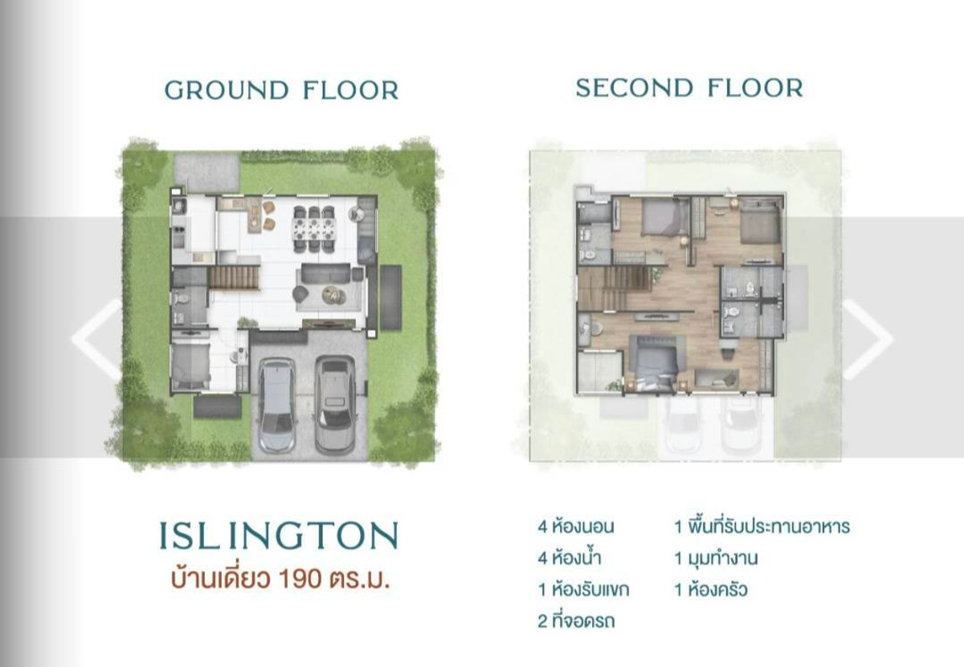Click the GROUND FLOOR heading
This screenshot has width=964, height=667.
tap(281, 91)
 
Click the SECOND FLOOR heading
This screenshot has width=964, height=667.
tap(689, 88)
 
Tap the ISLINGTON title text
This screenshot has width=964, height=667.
tap(279, 536)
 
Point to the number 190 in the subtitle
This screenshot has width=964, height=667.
tap(300, 579)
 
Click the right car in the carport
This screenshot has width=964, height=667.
tap(336, 404)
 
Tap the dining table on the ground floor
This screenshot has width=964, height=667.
tap(314, 229)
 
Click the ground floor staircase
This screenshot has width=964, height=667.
tap(234, 277)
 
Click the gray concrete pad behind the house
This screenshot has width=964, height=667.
tap(207, 172)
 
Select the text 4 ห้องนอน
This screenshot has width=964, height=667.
tap(576, 526)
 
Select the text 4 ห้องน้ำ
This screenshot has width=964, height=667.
tap(570, 559)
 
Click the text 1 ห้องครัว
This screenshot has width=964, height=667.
tap(711, 590)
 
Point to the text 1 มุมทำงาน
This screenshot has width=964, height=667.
tap(716, 559)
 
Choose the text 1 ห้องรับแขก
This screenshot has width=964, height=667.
tap(583, 590)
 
